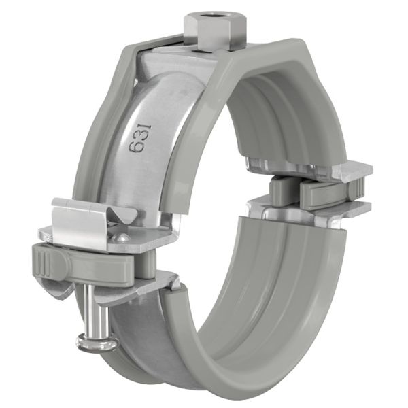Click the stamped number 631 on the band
(136, 136)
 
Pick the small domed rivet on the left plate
(123, 237)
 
